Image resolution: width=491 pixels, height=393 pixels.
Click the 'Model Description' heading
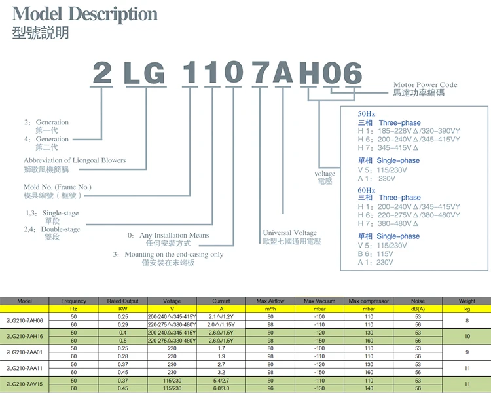click(85, 14)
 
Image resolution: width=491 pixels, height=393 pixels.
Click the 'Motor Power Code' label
click(425, 85)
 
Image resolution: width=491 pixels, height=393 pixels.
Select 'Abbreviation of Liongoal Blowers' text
click(75, 160)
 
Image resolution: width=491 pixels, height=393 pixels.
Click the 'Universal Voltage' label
click(289, 233)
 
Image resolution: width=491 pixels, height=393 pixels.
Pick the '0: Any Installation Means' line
click(168, 235)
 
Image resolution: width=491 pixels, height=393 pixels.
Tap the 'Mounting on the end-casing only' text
click(168, 254)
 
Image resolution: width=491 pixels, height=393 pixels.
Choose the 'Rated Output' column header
click(122, 301)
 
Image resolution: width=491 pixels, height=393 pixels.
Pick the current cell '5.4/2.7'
click(221, 380)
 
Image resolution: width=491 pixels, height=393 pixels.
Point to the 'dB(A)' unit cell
click(417, 309)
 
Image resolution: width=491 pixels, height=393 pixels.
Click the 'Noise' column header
click(417, 301)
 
